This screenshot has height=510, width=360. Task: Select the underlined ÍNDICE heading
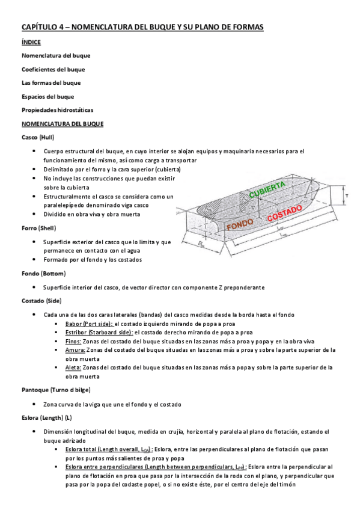pyautogui.click(x=31, y=43)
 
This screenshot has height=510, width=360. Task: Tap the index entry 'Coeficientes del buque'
pyautogui.click(x=53, y=69)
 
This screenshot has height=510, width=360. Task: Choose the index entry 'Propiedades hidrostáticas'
pyautogui.click(x=57, y=110)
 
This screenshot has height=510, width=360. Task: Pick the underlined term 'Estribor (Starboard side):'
pyautogui.click(x=99, y=332)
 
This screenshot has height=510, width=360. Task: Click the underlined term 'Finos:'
pyautogui.click(x=75, y=341)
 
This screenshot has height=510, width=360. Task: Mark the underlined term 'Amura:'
pyautogui.click(x=76, y=349)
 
